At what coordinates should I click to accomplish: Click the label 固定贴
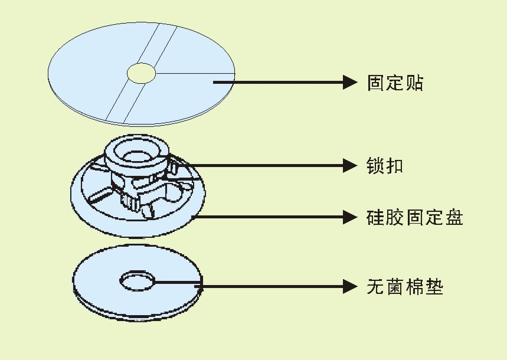tap(395, 82)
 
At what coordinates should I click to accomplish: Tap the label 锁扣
tap(385, 166)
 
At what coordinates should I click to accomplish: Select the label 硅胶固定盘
tap(415, 217)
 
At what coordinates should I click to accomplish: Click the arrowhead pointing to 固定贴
tap(350, 82)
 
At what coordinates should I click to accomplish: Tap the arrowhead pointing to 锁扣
tap(350, 166)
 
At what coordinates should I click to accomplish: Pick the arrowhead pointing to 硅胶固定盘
tap(350, 217)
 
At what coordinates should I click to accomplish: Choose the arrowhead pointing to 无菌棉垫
tap(350, 287)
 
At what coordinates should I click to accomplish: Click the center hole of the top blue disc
tap(142, 73)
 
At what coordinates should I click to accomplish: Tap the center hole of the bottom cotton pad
tap(137, 280)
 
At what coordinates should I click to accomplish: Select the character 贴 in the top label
tap(414, 82)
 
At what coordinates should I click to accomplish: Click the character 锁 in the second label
tap(375, 166)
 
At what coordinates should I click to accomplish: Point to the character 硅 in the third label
tap(376, 217)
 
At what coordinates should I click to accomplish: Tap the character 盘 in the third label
tap(454, 217)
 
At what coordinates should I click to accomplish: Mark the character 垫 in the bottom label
tap(434, 287)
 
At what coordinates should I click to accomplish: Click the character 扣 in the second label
tap(395, 166)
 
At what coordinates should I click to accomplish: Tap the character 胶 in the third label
tap(395, 217)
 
